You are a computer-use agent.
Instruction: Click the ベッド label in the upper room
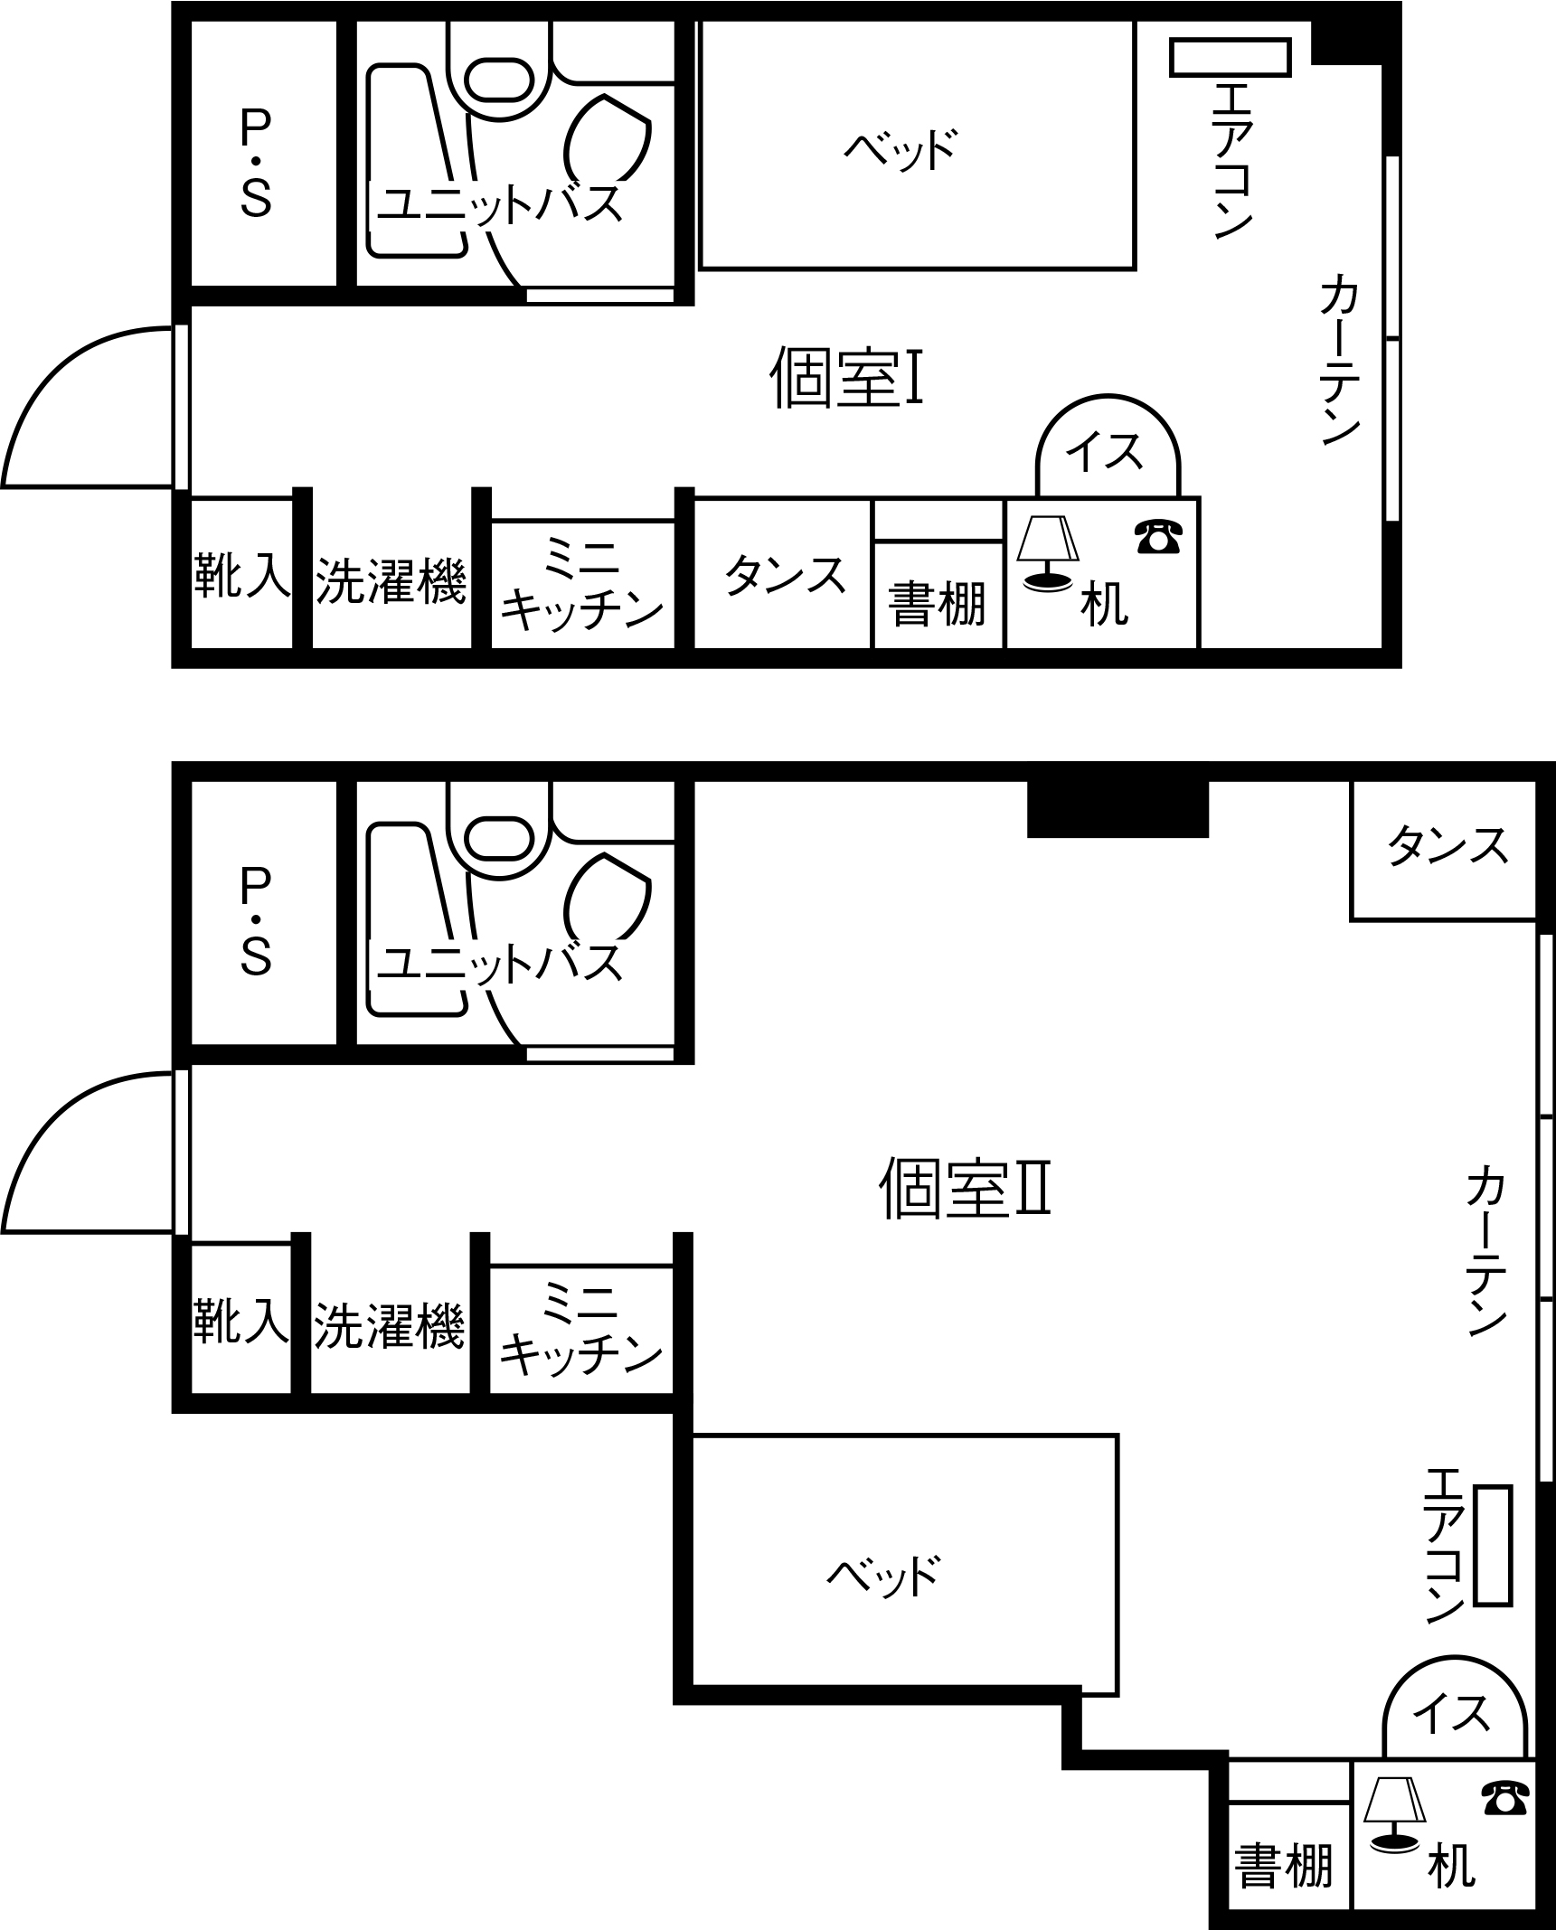pos(901,149)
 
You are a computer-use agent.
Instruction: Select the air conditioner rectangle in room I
pos(1230,57)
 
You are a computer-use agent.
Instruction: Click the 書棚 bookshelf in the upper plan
pos(938,594)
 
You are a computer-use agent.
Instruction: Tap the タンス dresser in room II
pos(1444,851)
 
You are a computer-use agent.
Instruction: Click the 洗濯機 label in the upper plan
pos(391,580)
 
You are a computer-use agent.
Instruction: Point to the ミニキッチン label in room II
pos(581,1328)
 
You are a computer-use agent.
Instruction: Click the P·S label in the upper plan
pos(256,165)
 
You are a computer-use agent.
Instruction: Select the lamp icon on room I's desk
pos(1047,553)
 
